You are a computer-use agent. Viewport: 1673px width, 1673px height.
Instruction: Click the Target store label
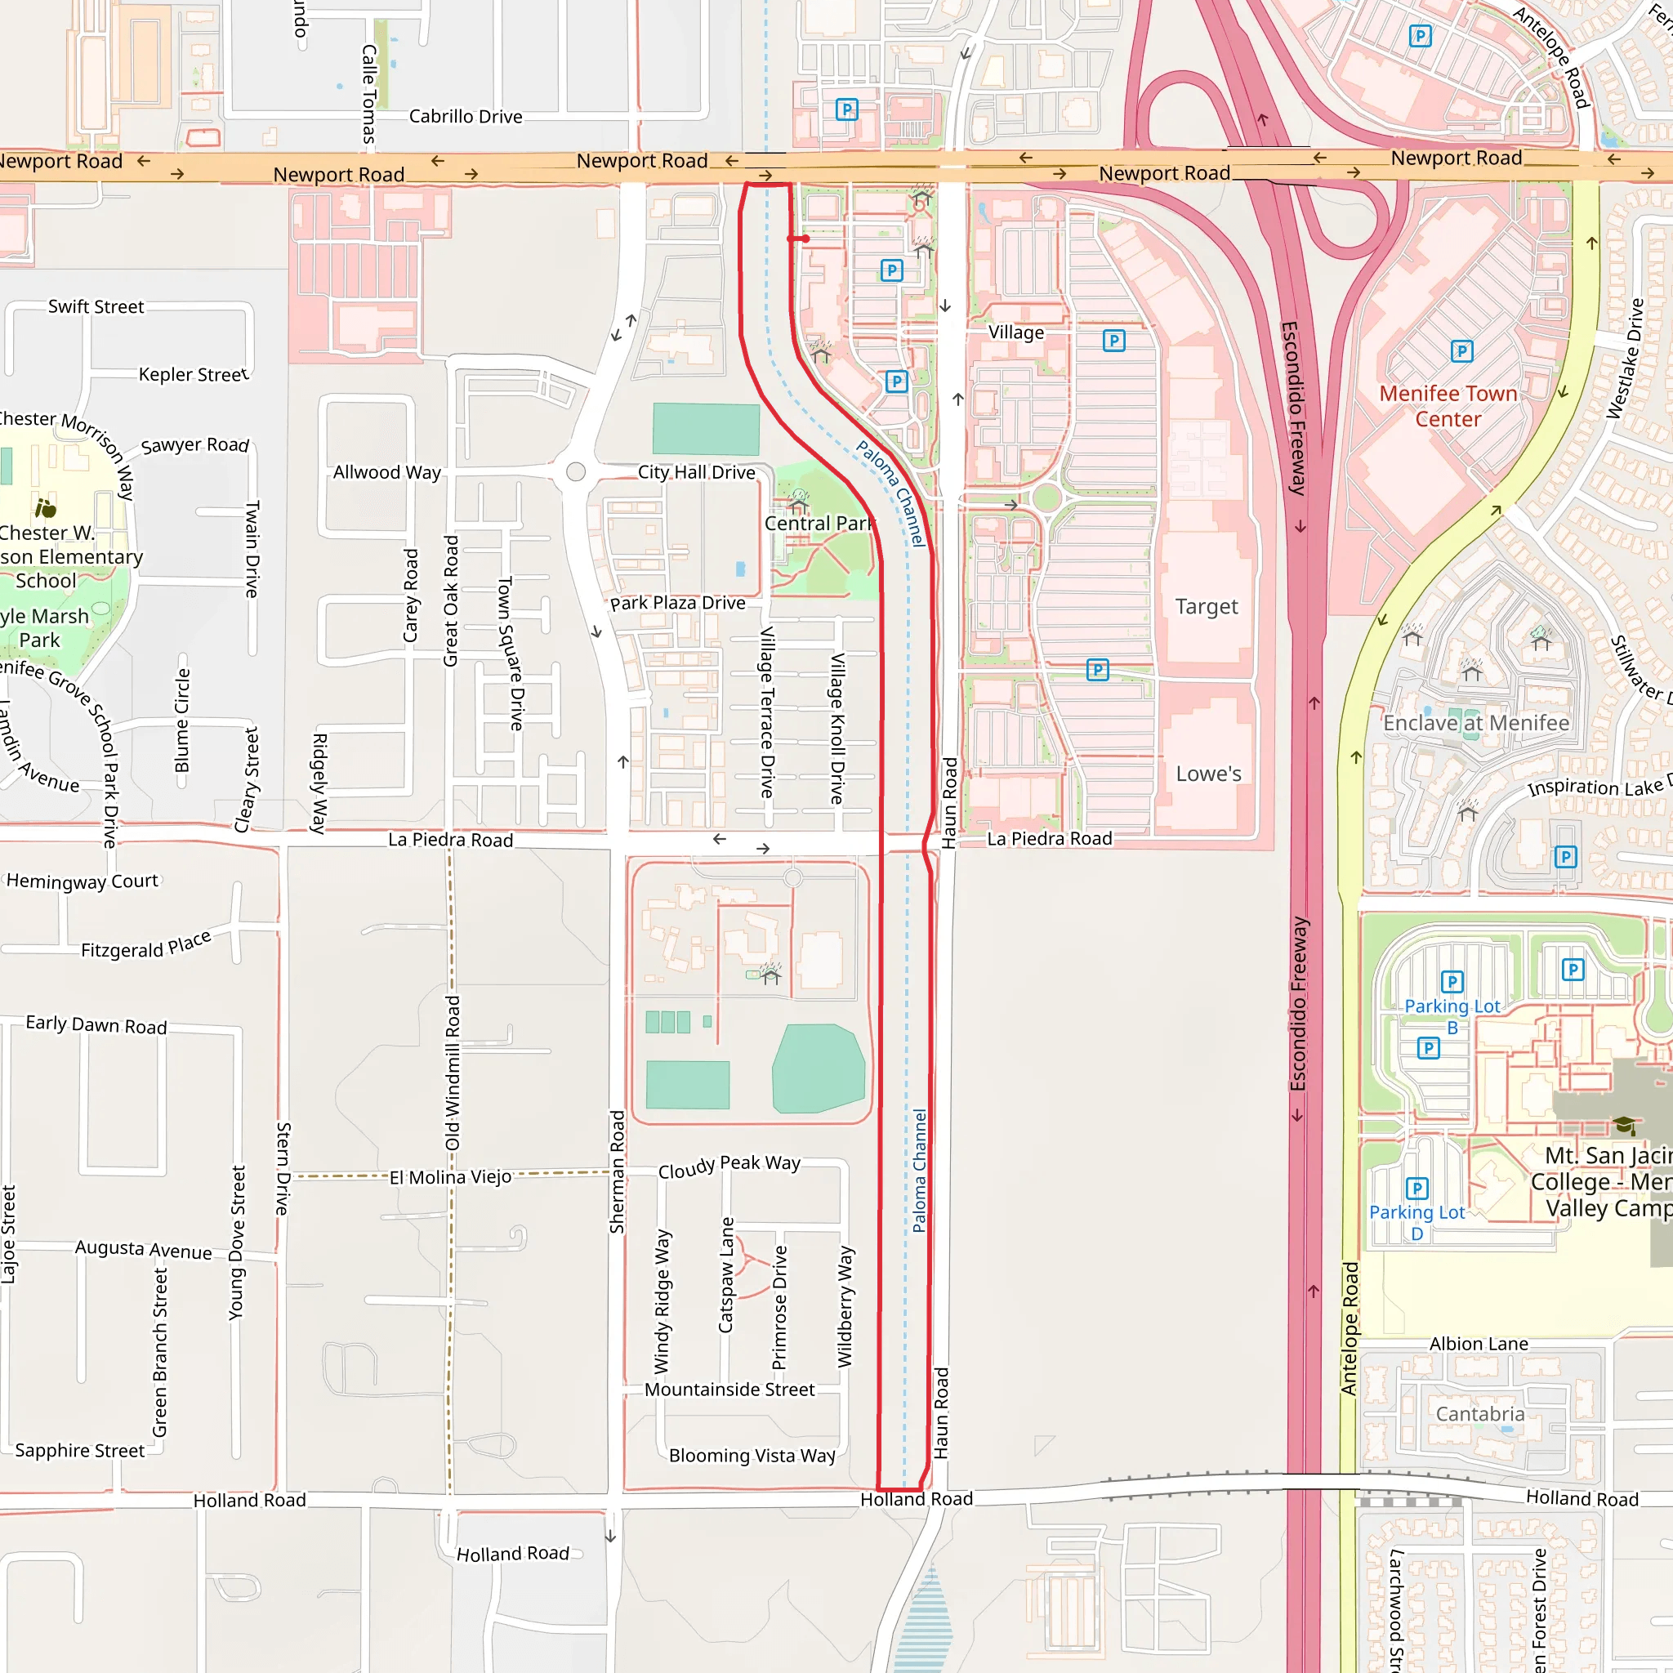(x=1207, y=606)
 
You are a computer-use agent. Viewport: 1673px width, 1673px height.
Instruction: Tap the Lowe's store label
(x=1208, y=774)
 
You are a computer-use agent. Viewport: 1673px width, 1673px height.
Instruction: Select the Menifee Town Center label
(x=1448, y=405)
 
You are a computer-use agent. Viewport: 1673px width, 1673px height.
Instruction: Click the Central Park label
(x=819, y=523)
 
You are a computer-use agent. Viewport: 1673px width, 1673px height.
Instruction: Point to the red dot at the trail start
(x=805, y=239)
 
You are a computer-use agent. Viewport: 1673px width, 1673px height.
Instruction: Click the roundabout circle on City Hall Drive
(x=576, y=472)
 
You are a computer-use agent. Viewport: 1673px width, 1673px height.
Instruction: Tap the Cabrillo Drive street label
(x=465, y=116)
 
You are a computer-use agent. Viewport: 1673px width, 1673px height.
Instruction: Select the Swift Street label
(x=96, y=306)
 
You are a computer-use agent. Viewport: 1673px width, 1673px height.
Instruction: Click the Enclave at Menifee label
(x=1475, y=722)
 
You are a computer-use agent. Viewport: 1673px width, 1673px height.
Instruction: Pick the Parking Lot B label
(x=1452, y=1015)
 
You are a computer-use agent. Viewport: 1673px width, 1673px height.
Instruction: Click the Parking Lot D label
(x=1416, y=1222)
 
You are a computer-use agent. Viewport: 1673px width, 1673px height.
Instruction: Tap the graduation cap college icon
(x=1625, y=1125)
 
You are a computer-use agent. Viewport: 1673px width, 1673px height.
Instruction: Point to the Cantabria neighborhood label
(x=1480, y=1413)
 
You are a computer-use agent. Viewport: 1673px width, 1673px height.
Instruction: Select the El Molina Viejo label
(x=449, y=1177)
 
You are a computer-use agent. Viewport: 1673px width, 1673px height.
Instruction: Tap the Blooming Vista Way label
(x=752, y=1456)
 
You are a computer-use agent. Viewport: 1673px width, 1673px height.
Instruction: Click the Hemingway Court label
(x=83, y=881)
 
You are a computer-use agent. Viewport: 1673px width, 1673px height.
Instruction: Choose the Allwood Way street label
(x=387, y=472)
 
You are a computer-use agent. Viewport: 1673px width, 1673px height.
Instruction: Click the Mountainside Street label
(x=729, y=1389)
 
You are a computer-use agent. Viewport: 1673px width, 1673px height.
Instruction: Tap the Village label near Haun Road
(x=1015, y=332)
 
